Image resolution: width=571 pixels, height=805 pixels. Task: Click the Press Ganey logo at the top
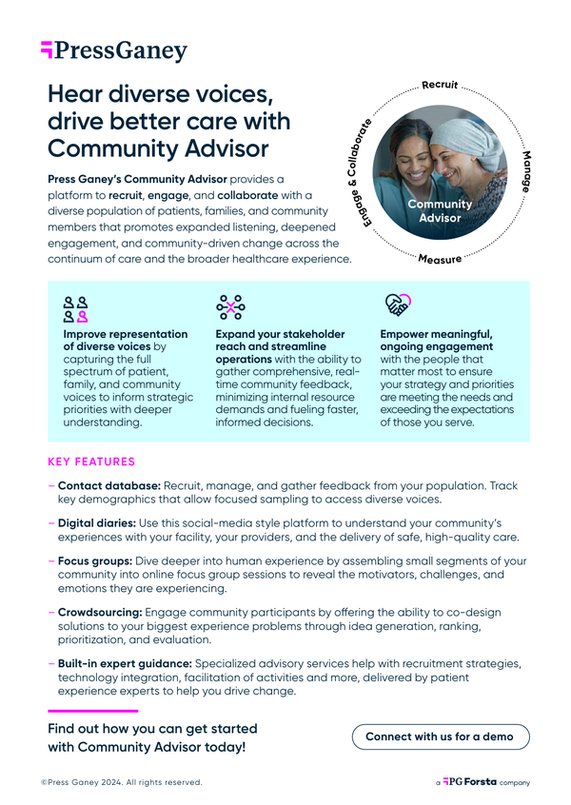[114, 50]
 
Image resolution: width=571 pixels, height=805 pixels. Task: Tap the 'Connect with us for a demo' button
[440, 736]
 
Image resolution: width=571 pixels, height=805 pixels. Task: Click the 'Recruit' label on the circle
[441, 87]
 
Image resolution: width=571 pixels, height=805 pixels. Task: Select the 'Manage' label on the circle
[527, 170]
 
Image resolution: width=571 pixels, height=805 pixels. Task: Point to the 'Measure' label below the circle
[441, 259]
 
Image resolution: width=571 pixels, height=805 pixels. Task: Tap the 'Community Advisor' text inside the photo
[439, 211]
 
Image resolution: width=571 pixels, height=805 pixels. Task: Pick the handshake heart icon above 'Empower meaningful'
[397, 305]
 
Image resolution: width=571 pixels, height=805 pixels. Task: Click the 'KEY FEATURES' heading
[91, 462]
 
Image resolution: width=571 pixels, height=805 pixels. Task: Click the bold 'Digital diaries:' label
[97, 523]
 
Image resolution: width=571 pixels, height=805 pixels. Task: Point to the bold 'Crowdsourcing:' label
[100, 615]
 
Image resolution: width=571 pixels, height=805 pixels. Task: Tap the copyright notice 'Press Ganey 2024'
[122, 782]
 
